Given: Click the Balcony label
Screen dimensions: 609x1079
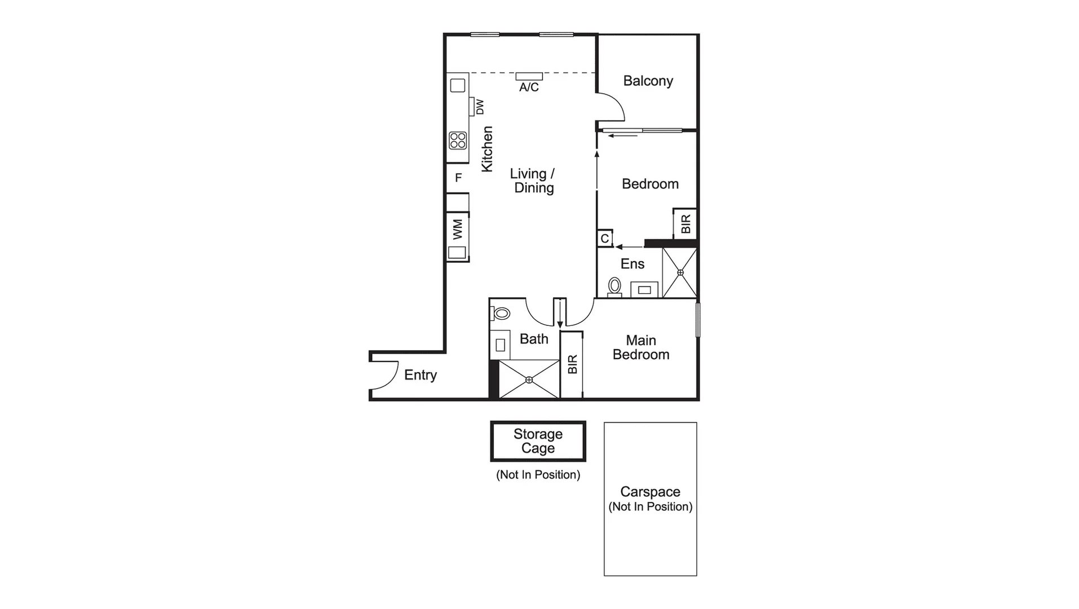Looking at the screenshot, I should (648, 81).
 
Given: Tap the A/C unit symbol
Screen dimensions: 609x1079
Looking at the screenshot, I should (529, 77).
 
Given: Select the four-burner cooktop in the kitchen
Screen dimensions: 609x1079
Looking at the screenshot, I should (458, 140).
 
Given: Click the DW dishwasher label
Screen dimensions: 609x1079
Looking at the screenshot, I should (480, 107).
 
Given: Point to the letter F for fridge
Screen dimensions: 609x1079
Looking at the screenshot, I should (458, 178).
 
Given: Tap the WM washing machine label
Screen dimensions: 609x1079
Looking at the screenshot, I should (457, 229).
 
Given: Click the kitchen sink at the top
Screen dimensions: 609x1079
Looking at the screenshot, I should (458, 86).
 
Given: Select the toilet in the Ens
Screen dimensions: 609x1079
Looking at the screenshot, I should (614, 286).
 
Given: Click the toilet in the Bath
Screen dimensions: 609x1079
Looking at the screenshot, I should (501, 314).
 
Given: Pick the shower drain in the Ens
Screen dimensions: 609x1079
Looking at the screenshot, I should (680, 273).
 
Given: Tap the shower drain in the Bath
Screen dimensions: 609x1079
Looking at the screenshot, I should (529, 380).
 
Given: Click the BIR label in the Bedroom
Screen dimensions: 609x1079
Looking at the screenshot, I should (686, 224).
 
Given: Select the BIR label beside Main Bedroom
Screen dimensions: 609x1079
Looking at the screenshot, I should (572, 364).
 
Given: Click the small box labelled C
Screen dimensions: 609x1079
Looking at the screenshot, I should (604, 239).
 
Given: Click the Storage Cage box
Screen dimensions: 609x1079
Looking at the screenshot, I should (538, 441).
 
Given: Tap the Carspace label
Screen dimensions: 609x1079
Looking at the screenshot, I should (650, 492).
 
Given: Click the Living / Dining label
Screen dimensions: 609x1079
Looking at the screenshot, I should (533, 181).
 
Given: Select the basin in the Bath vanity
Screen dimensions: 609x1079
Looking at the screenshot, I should (500, 345).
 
